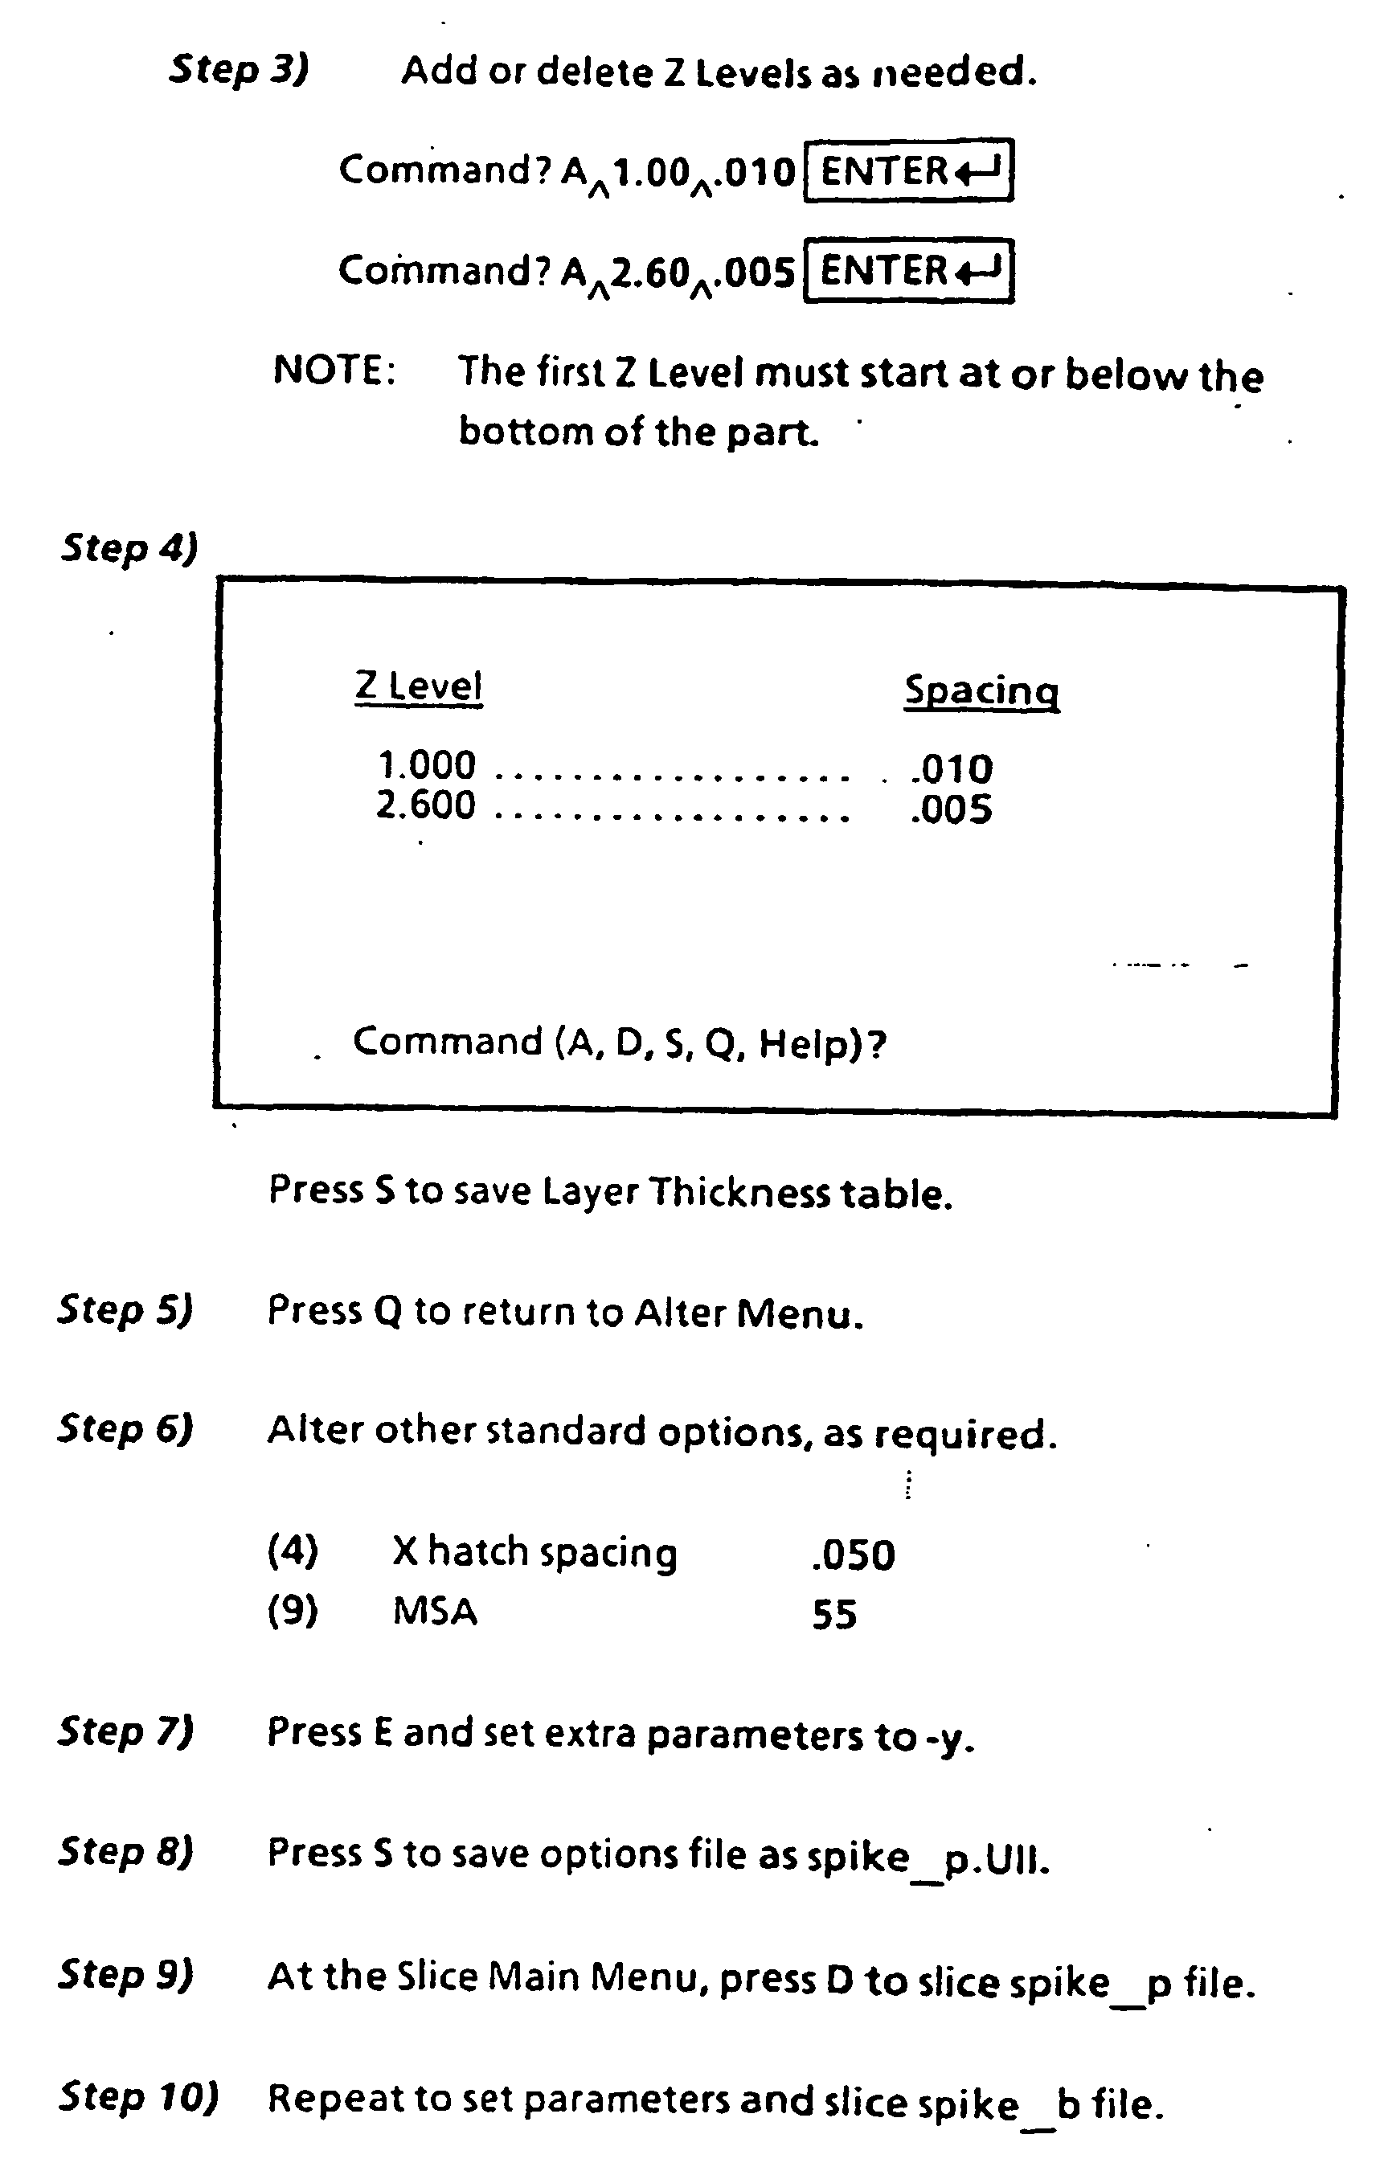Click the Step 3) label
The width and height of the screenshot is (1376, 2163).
pyautogui.click(x=239, y=69)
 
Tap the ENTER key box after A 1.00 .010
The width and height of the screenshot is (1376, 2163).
pyautogui.click(x=909, y=170)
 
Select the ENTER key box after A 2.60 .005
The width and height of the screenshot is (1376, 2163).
pyautogui.click(x=909, y=270)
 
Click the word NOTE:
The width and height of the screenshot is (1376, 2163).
pyautogui.click(x=334, y=370)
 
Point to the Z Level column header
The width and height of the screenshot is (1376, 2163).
pyautogui.click(x=419, y=686)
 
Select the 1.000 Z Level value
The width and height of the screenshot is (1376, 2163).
pyautogui.click(x=427, y=765)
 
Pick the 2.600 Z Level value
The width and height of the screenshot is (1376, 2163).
pyautogui.click(x=426, y=805)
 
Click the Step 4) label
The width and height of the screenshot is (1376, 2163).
pyautogui.click(x=129, y=548)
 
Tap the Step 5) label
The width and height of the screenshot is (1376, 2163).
pyautogui.click(x=125, y=1309)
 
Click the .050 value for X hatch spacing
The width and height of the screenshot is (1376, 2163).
pyautogui.click(x=854, y=1555)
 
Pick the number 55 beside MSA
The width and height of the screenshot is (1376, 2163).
pyautogui.click(x=834, y=1614)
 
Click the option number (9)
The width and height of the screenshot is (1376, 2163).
pyautogui.click(x=293, y=1611)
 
